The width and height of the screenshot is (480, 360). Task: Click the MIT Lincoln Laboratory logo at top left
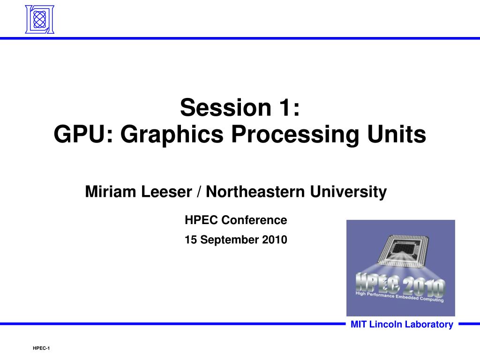(x=39, y=19)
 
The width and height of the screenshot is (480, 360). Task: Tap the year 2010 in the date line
(x=275, y=240)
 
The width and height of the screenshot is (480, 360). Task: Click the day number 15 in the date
(x=190, y=240)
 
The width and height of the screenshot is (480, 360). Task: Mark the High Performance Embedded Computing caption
(x=399, y=296)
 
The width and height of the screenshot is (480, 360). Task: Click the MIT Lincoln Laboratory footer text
(x=402, y=324)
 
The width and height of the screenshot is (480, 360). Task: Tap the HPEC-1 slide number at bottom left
(x=41, y=348)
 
